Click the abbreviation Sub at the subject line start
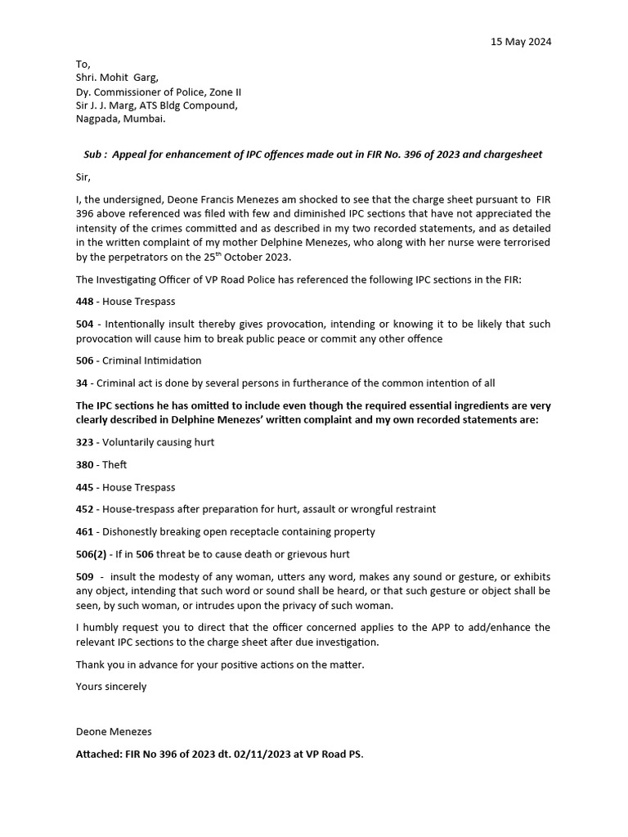[x=93, y=154]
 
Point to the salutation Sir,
[x=83, y=176]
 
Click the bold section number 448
[x=85, y=302]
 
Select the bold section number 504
[x=85, y=324]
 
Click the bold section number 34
[x=82, y=383]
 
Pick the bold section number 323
[x=85, y=442]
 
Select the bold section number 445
[x=85, y=487]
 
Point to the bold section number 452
[x=85, y=509]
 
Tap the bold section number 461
[x=85, y=531]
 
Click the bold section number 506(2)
[x=92, y=553]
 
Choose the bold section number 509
[x=85, y=575]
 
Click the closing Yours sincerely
[x=111, y=687]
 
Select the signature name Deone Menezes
[x=114, y=732]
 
